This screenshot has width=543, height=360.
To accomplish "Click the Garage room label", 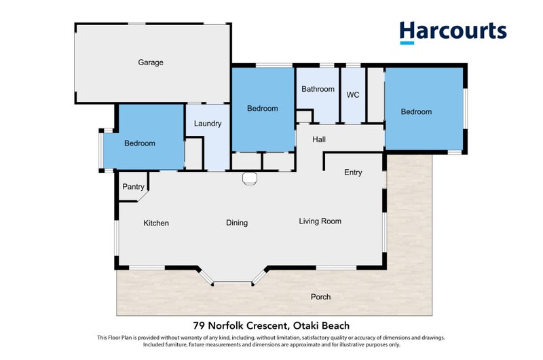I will click(x=151, y=62).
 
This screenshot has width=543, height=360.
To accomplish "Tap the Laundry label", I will click(x=207, y=124).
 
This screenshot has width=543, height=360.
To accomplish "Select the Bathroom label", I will click(x=318, y=89).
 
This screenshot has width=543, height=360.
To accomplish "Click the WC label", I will click(x=353, y=95).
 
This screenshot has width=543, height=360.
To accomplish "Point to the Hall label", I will click(x=319, y=139).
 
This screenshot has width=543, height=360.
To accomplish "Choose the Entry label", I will click(x=353, y=173).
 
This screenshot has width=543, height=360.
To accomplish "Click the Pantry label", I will click(x=133, y=187).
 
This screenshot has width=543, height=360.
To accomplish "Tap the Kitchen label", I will click(x=156, y=223).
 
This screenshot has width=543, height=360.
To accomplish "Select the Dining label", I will click(x=237, y=223).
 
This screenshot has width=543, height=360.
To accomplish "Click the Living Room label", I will click(x=320, y=221).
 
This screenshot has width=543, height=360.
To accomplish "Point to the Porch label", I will click(x=320, y=297).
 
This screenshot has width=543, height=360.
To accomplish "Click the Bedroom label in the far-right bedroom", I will click(x=416, y=112).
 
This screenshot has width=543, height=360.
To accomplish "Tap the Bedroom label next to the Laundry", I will click(x=139, y=143).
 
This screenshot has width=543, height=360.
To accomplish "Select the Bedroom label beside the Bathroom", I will click(x=262, y=109).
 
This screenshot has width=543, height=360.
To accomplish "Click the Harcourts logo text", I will click(x=453, y=31).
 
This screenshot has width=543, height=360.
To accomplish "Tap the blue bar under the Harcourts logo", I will click(x=407, y=43).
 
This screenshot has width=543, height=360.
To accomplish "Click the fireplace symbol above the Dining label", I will click(x=249, y=179).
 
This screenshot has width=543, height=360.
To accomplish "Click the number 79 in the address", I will click(x=200, y=326).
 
